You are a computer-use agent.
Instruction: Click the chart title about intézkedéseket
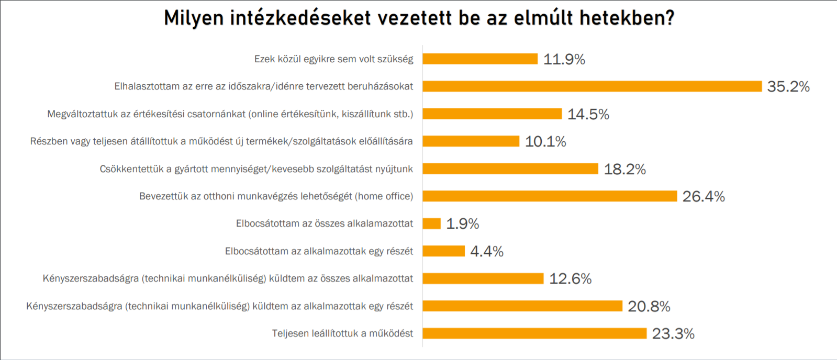419,18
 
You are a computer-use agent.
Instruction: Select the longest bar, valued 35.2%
592,86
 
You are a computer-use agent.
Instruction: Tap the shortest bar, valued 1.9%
432,224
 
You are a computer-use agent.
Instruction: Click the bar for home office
550,196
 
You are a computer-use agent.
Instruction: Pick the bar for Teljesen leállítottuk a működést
534,333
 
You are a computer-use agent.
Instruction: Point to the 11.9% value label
564,59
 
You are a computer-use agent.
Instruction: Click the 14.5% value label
588,114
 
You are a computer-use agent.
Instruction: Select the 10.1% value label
545,141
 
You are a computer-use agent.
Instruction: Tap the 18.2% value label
624,169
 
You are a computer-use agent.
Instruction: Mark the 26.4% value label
704,196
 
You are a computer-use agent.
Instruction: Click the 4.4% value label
487,251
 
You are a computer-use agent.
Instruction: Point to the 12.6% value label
570,278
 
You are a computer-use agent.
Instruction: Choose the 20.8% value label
649,306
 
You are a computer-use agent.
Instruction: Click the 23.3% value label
673,333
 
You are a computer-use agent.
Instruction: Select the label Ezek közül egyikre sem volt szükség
333,59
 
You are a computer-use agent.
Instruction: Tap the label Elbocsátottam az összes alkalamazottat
324,224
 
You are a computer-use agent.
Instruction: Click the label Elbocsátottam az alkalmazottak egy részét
319,251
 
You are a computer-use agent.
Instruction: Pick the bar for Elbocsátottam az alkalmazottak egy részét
444,251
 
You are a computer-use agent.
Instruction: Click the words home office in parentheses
385,196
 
